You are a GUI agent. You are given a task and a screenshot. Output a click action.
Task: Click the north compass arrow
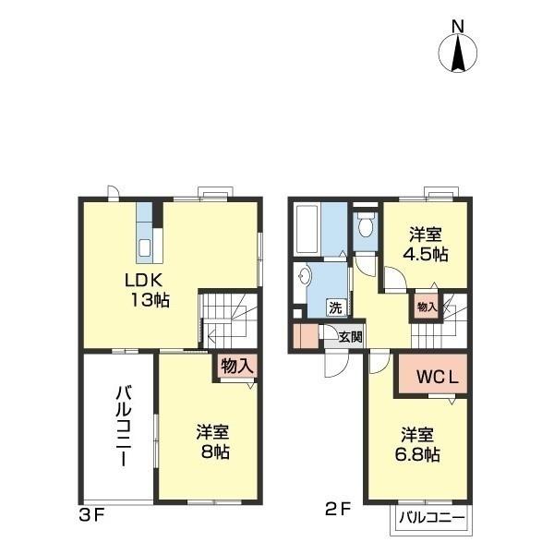point(459,53)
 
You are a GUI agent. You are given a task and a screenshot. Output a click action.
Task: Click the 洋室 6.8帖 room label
point(419,444)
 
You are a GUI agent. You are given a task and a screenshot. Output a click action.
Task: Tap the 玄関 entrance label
point(349,337)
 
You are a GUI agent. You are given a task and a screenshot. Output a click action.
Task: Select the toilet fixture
point(366,224)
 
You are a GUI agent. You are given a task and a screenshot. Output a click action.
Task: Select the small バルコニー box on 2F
point(431,519)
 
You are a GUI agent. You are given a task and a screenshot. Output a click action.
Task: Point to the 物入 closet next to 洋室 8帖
point(235,366)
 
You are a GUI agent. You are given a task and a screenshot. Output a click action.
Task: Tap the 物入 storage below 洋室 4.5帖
point(427,307)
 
